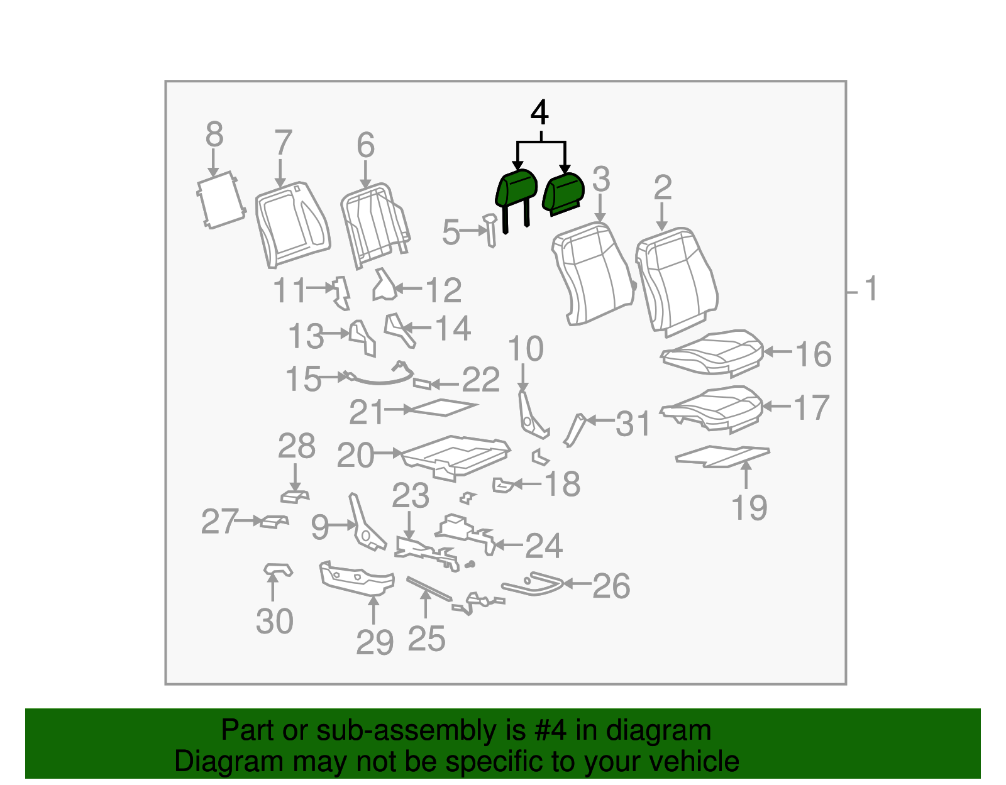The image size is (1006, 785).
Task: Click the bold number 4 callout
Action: [x=540, y=113]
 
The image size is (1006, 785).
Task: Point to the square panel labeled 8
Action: [x=221, y=200]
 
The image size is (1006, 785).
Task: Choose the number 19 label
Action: [x=749, y=508]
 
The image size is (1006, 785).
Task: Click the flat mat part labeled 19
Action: [x=722, y=456]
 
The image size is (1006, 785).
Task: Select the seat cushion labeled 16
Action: [x=712, y=351]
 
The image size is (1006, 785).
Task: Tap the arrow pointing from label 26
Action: [x=577, y=584]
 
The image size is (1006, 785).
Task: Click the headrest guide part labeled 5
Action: [x=490, y=230]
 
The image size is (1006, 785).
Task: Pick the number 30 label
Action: [x=275, y=621]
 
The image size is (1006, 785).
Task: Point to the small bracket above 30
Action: [x=279, y=569]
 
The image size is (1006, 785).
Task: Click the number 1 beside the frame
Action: [x=870, y=288]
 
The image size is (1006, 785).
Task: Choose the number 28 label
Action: [x=296, y=446]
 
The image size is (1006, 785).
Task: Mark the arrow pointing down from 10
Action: [x=522, y=378]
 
